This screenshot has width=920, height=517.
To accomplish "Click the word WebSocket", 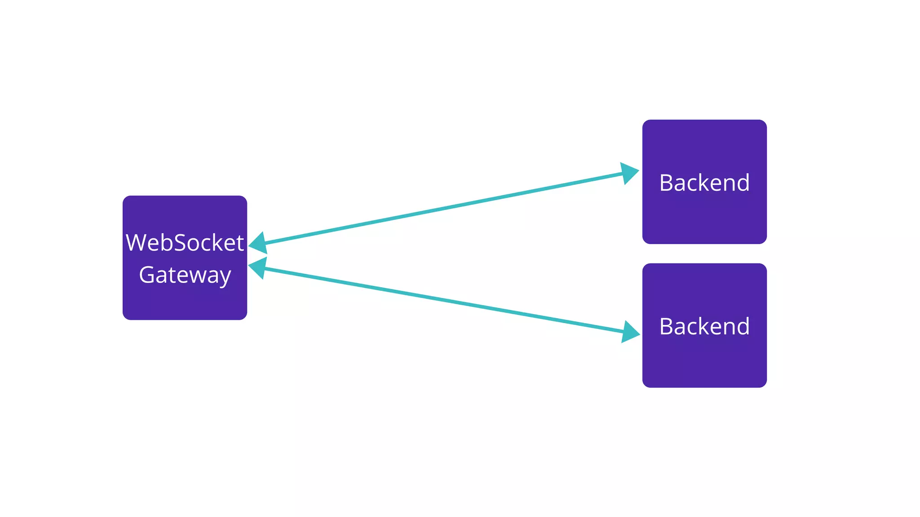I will click(185, 243).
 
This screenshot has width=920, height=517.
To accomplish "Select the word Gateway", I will click(185, 275).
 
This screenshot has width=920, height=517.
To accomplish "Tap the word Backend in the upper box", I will click(704, 183).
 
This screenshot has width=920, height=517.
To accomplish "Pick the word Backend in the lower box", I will click(704, 326).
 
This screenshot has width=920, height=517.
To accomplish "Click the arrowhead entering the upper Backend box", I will click(630, 173).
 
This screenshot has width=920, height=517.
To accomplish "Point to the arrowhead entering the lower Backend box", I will click(631, 332).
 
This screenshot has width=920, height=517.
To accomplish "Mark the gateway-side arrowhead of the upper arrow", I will click(258, 243).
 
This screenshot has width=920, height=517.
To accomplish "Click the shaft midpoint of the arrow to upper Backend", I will click(444, 208).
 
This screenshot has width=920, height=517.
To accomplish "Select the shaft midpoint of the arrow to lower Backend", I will click(444, 300).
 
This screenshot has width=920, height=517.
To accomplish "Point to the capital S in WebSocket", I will click(181, 243).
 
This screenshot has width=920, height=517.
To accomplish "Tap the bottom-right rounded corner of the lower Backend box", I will click(764, 384).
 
